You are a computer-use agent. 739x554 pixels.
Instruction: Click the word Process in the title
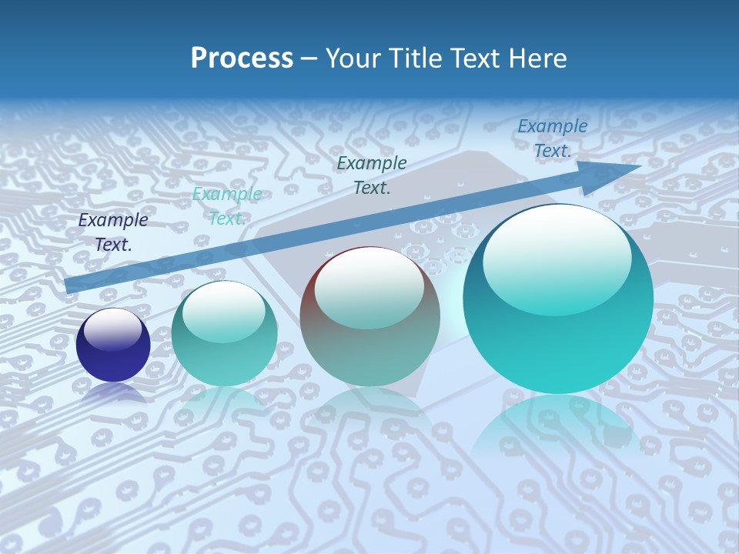tap(242, 58)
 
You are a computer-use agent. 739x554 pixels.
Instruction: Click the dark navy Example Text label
tap(113, 232)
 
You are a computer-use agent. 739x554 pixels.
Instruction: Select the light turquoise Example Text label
tap(227, 206)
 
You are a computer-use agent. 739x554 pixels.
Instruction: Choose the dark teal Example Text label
tap(372, 175)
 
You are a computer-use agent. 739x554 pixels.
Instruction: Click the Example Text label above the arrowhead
tap(553, 138)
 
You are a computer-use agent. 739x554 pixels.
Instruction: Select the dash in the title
tap(309, 58)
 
